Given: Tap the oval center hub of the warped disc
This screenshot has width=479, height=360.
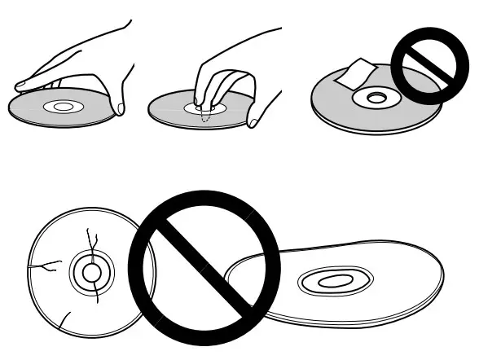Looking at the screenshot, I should click(x=332, y=282).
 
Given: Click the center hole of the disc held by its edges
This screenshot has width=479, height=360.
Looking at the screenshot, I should click(x=62, y=107).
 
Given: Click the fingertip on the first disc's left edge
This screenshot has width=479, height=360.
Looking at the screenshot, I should click(x=21, y=83).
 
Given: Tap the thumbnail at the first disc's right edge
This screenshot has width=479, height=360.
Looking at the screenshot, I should click(x=121, y=107).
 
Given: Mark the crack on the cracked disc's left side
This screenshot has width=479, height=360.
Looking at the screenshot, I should click(x=47, y=264).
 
